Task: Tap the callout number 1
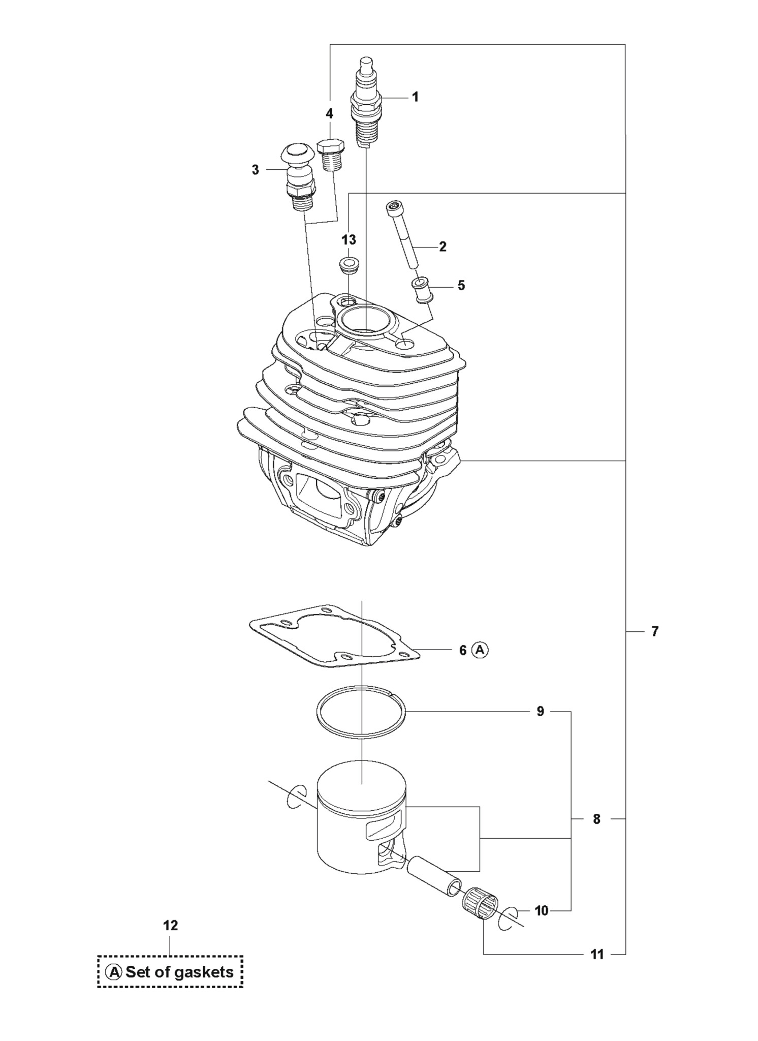coord(415,97)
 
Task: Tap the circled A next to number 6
coord(480,650)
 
